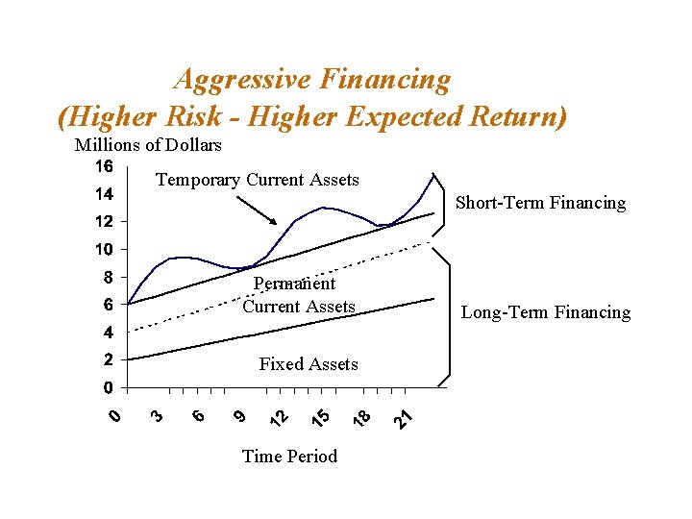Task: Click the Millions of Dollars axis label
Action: click(x=148, y=145)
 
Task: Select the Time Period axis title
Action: click(x=289, y=456)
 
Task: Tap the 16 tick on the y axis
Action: click(x=104, y=166)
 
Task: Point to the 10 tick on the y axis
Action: click(x=104, y=250)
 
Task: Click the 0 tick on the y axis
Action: click(x=109, y=388)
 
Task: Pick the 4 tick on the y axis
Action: click(x=109, y=334)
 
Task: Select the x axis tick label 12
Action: click(x=279, y=418)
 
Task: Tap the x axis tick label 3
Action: click(x=156, y=415)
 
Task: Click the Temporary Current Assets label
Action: click(x=257, y=180)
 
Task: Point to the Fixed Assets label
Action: click(x=309, y=364)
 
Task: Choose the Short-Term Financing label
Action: click(x=540, y=203)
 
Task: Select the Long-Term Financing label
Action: click(x=546, y=312)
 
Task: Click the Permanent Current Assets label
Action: click(x=298, y=295)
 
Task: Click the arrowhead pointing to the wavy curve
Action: click(x=273, y=221)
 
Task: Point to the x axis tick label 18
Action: click(x=362, y=418)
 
